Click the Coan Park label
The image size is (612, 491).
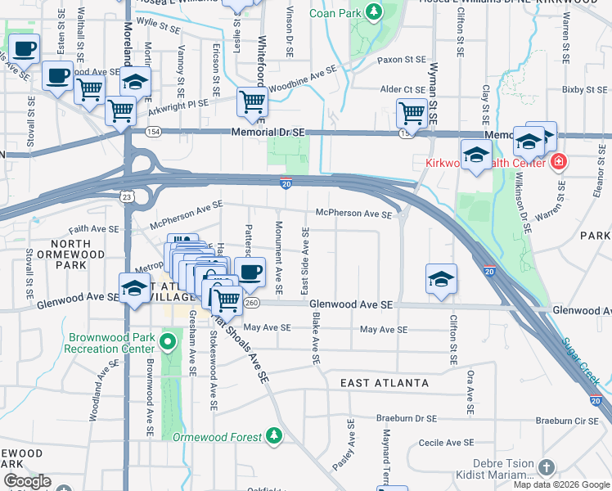(x=335, y=13)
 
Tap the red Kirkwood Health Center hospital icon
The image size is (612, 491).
(x=559, y=162)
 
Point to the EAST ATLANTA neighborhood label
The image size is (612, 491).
(x=385, y=383)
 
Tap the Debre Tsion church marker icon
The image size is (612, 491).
(x=546, y=467)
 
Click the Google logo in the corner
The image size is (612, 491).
(x=26, y=481)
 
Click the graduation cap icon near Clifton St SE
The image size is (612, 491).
(x=441, y=278)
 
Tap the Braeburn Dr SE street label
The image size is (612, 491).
(x=408, y=418)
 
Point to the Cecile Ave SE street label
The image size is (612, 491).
(x=446, y=442)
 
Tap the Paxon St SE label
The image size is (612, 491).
(x=402, y=60)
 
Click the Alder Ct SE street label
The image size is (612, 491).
(x=401, y=88)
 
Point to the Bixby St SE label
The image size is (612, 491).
(x=582, y=88)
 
